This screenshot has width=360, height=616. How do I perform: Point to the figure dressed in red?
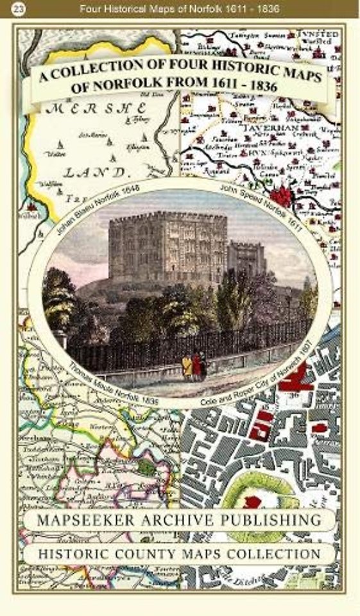[x=198, y=364]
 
